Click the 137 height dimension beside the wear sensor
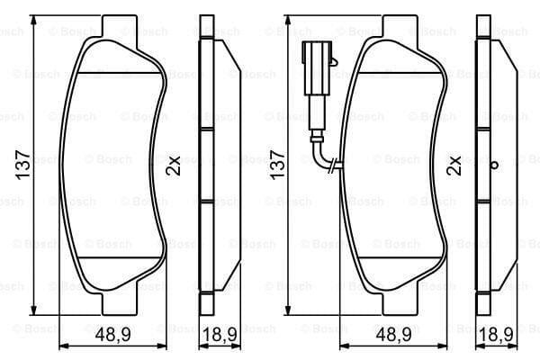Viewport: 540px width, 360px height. (x=277, y=165)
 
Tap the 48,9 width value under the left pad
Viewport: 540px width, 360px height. (x=113, y=334)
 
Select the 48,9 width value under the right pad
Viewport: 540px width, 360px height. (x=393, y=334)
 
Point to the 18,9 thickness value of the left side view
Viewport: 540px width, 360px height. (x=220, y=334)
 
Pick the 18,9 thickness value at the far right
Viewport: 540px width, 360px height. (x=496, y=334)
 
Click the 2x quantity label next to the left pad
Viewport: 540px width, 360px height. (x=173, y=166)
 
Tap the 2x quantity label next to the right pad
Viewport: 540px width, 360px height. (x=454, y=166)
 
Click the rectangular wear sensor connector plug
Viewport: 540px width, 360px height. (x=317, y=67)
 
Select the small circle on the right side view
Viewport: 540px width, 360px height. (x=494, y=166)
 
